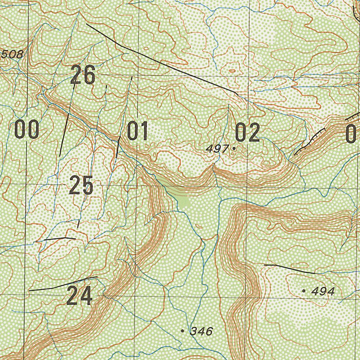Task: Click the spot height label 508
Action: point(12,54)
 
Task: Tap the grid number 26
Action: point(83,75)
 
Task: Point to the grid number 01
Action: point(137,131)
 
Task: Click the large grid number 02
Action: point(247,133)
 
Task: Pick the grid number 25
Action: point(81,186)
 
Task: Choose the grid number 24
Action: point(79,296)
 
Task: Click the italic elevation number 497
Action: point(217,149)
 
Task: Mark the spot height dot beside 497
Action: point(234,149)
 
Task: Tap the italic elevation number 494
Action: point(323,291)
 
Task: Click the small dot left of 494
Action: point(304,291)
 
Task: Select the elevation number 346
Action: point(201,331)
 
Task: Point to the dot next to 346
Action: point(182,331)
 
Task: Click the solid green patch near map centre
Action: point(184,201)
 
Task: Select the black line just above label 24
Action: point(63,284)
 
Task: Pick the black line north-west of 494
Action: point(288,268)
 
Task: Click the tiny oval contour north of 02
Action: point(232,71)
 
